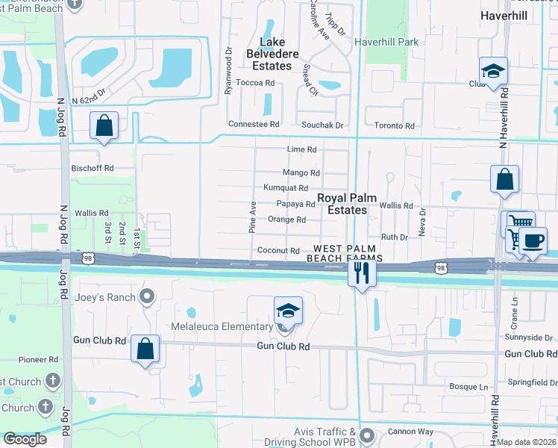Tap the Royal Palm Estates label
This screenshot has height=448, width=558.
click(x=342, y=204)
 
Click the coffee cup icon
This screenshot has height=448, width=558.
click(x=533, y=241)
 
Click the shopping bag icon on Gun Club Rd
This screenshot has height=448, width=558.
click(x=145, y=349)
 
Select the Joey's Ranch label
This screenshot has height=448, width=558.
click(x=105, y=297)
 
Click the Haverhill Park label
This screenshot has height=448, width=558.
click(x=386, y=43)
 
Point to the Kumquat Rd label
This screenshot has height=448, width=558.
click(x=286, y=187)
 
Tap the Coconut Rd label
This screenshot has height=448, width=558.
click(x=278, y=251)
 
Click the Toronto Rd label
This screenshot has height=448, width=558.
click(x=394, y=126)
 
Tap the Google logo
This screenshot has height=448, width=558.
click(x=25, y=439)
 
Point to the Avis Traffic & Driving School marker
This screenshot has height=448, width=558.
click(x=366, y=434)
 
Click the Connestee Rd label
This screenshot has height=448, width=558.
click(x=254, y=124)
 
